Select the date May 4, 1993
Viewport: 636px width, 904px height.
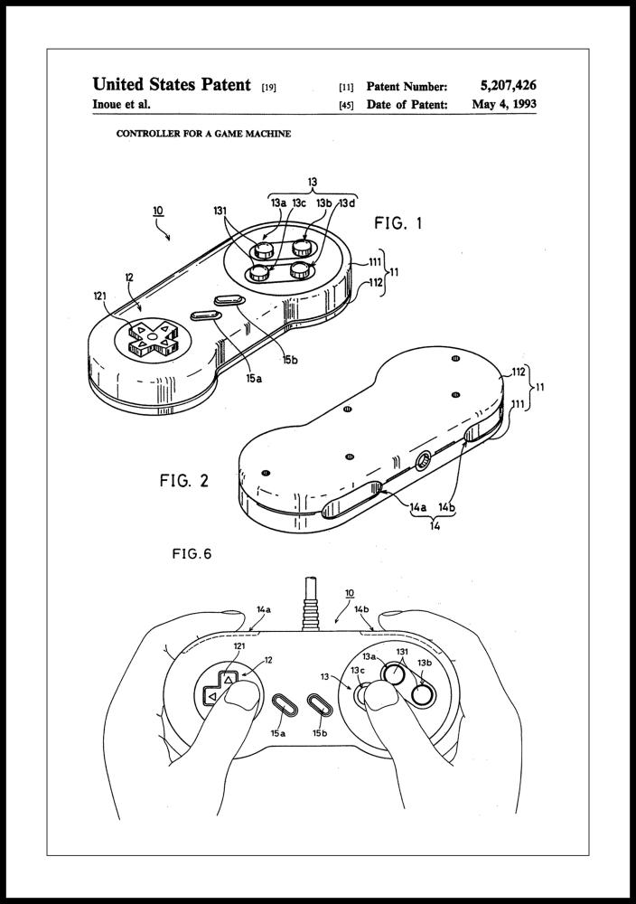coord(504,105)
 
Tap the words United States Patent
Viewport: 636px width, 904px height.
coord(172,85)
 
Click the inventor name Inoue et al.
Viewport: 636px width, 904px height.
coord(122,105)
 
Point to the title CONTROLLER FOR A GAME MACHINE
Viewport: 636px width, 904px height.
coord(203,135)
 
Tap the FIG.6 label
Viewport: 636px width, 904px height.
coord(192,554)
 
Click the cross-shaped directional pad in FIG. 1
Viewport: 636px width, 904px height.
coord(152,336)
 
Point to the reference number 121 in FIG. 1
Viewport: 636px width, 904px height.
coord(102,295)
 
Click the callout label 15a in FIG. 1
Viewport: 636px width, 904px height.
coord(254,378)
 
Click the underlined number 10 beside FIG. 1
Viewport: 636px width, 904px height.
coord(158,212)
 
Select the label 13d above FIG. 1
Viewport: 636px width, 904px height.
coord(346,203)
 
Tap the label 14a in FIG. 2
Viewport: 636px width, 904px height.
coord(417,509)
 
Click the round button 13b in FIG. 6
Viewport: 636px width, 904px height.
coord(422,694)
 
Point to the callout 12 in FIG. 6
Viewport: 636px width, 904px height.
coord(267,662)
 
